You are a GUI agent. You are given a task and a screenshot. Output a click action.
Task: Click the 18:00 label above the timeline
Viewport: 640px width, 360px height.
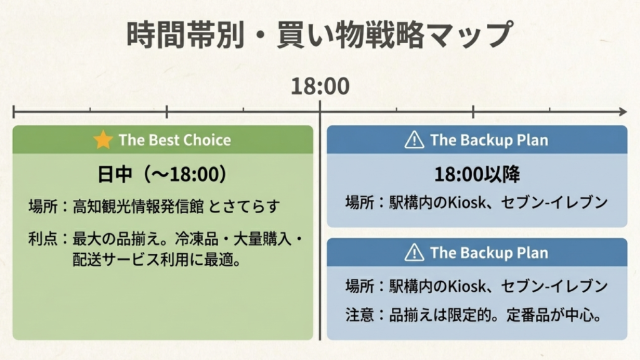(320, 86)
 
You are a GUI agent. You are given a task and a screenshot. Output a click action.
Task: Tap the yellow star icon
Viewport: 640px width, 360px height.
(103, 140)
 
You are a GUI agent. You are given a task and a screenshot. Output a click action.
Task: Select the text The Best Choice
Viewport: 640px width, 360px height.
(174, 140)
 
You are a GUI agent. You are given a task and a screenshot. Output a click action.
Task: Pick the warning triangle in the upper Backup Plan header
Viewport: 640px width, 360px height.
(414, 140)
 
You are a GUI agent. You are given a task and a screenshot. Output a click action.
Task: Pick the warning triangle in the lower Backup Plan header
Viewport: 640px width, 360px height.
(414, 252)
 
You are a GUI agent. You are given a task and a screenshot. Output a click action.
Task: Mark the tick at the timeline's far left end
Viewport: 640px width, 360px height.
(14, 112)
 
